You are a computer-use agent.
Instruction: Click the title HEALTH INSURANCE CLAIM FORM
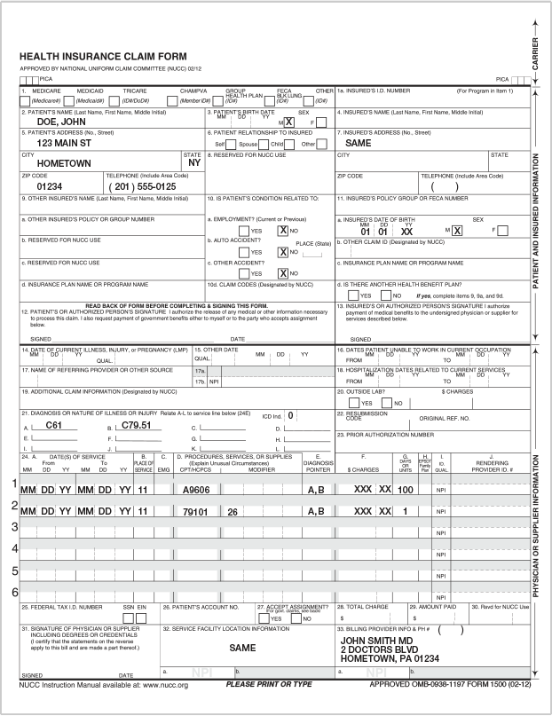(116, 57)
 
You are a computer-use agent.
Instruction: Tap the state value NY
(195, 163)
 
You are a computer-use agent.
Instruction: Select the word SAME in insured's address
(358, 143)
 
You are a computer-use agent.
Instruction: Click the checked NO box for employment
(283, 230)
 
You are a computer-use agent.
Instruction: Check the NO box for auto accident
(283, 252)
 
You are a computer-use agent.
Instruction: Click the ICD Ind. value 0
(290, 415)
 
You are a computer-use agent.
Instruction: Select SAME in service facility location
(243, 649)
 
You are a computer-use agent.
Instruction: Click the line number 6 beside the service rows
(14, 592)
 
